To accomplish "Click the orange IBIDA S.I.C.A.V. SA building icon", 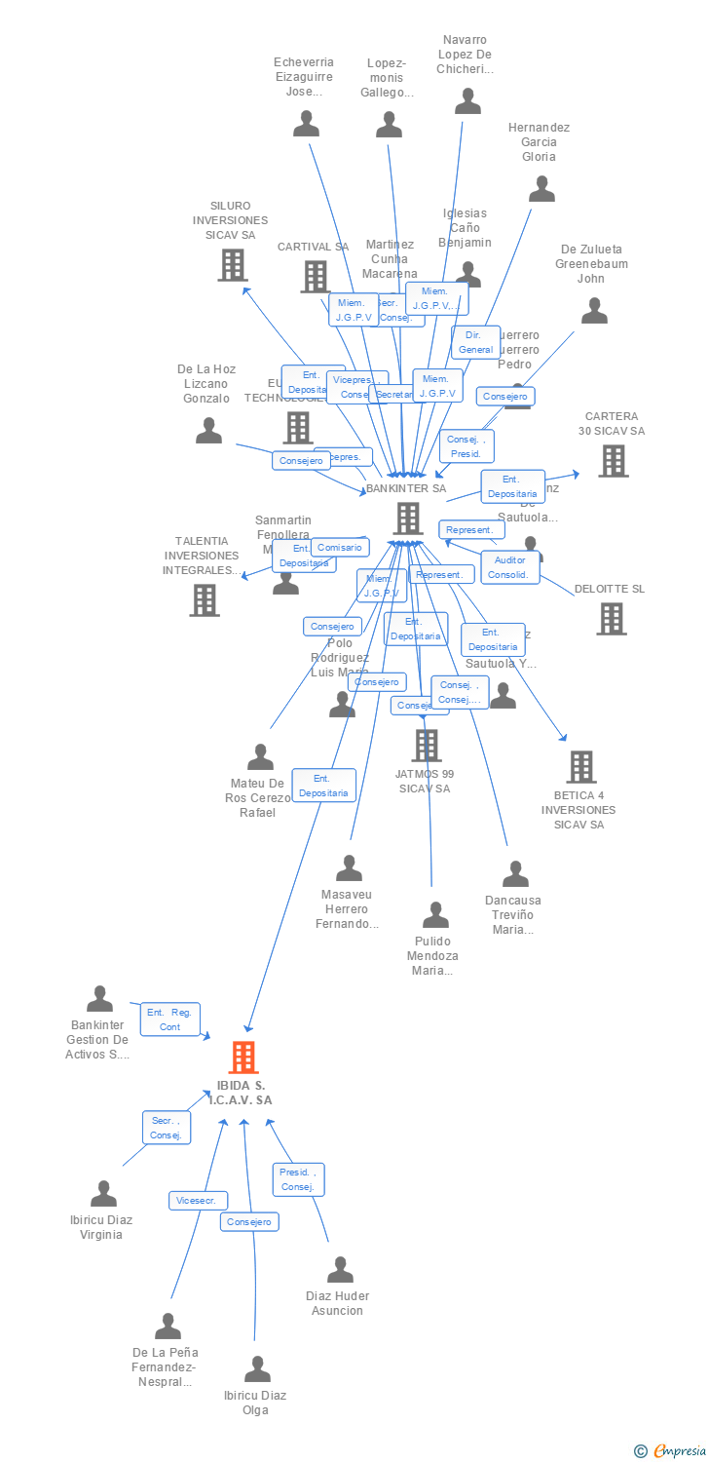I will pyautogui.click(x=243, y=1057).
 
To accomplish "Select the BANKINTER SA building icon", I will pyautogui.click(x=407, y=518).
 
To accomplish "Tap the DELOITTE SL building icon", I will pyautogui.click(x=611, y=618).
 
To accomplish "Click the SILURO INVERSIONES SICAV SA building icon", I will pyautogui.click(x=232, y=264).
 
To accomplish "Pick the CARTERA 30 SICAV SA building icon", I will pyautogui.click(x=613, y=461).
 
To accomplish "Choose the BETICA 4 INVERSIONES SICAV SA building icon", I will pyautogui.click(x=581, y=767).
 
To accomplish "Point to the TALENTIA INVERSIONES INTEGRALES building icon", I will pyautogui.click(x=205, y=599).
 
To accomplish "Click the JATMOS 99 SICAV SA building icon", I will pyautogui.click(x=426, y=746).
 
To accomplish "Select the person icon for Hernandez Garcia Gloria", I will pyautogui.click(x=541, y=188).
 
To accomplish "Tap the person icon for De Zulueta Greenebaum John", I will pyautogui.click(x=594, y=310).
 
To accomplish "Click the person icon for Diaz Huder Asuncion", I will pyautogui.click(x=340, y=1269).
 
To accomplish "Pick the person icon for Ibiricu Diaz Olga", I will pyautogui.click(x=257, y=1368).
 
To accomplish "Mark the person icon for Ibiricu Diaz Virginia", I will pyautogui.click(x=103, y=1193).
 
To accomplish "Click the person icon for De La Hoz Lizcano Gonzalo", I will pyautogui.click(x=208, y=430).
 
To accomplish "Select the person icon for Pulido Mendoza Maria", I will pyautogui.click(x=435, y=914).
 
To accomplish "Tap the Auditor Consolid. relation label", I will pyautogui.click(x=509, y=567).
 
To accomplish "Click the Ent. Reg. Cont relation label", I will pyautogui.click(x=169, y=1020).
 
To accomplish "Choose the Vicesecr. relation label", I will pyautogui.click(x=199, y=1201).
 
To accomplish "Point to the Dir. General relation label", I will pyautogui.click(x=475, y=342).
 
